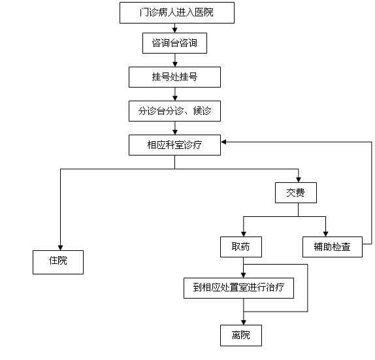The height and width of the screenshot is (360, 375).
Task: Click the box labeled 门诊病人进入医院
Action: pyautogui.click(x=177, y=12)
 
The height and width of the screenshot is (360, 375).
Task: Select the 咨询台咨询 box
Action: pyautogui.click(x=174, y=43)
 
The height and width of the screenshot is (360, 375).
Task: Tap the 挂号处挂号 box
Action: pyautogui.click(x=174, y=77)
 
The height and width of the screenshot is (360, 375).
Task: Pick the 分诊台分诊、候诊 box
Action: pyautogui.click(x=174, y=111)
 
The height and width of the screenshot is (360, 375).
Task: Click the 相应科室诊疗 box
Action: pyautogui.click(x=174, y=145)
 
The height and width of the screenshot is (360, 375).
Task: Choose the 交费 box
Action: pyautogui.click(x=296, y=193)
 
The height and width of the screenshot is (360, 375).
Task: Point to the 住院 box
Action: pyautogui.click(x=58, y=262)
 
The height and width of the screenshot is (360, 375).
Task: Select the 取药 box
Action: pyautogui.click(x=241, y=247)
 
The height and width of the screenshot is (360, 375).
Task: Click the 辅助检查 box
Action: pyautogui.click(x=333, y=247)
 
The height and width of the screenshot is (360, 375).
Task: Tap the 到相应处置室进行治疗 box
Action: pyautogui.click(x=238, y=288)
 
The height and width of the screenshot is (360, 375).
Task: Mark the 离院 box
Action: pyautogui.click(x=241, y=335)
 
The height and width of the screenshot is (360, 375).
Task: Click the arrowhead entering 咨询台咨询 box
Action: pyautogui.click(x=175, y=30)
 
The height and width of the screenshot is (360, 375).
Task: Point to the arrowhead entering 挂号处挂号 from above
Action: pyautogui.click(x=175, y=64)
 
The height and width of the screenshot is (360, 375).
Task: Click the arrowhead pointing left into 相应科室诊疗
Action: pyautogui.click(x=223, y=142)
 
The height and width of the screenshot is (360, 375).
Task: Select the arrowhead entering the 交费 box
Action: pyautogui.click(x=298, y=180)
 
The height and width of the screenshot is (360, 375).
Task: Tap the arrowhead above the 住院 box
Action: pyautogui.click(x=60, y=248)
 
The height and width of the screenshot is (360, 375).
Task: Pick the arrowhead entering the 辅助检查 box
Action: pyautogui.click(x=325, y=234)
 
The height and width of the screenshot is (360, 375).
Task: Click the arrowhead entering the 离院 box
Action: pyautogui.click(x=244, y=322)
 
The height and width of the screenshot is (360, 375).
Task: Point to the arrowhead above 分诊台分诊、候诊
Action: pyautogui.click(x=175, y=98)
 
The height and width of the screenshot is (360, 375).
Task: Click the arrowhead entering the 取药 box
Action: pyautogui.click(x=244, y=234)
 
